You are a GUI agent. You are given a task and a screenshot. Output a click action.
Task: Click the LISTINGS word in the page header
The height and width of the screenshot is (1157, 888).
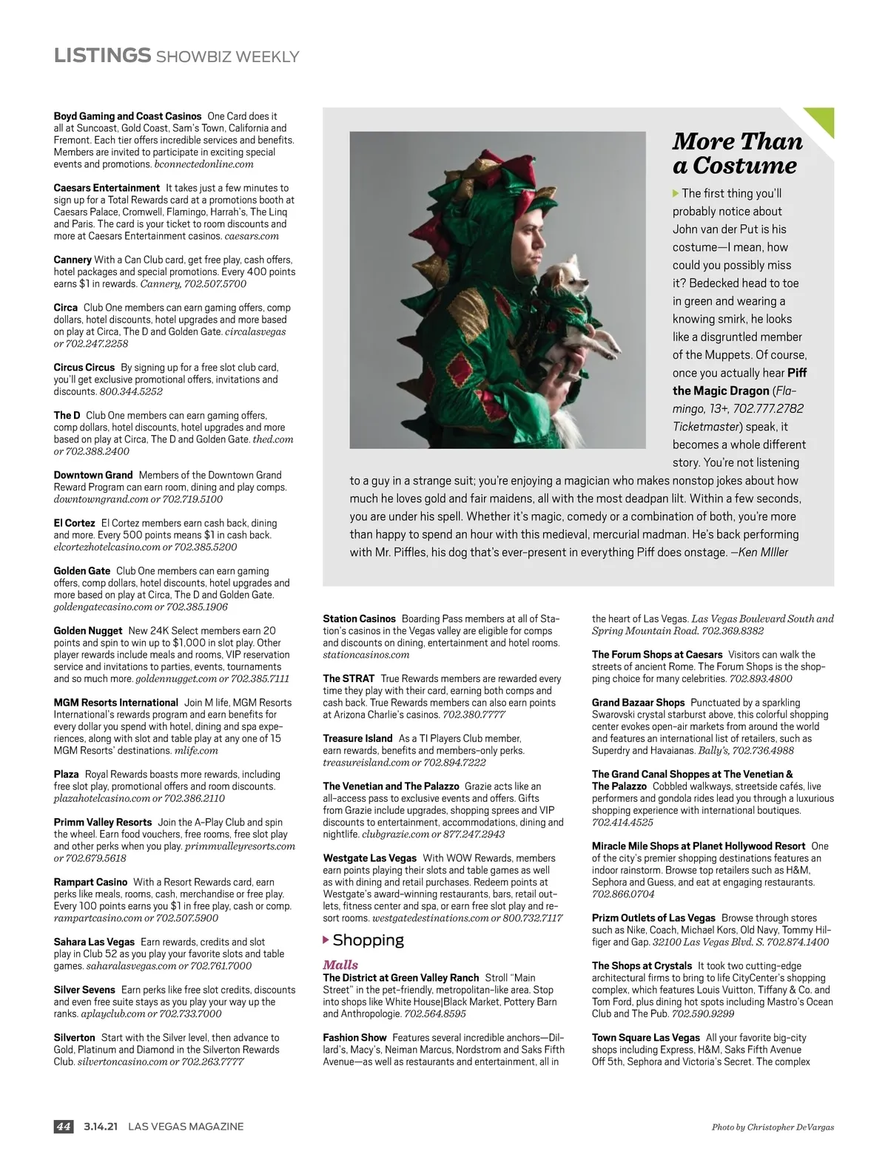click(x=102, y=55)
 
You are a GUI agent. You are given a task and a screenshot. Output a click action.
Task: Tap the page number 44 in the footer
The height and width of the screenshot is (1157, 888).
click(x=64, y=1127)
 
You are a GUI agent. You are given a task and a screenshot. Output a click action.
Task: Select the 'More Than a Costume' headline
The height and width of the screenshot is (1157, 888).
click(x=737, y=153)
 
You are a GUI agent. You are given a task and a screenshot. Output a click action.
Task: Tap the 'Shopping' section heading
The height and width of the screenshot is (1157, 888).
click(x=368, y=940)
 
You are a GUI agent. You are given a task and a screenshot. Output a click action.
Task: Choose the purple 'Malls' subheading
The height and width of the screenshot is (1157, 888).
click(x=340, y=965)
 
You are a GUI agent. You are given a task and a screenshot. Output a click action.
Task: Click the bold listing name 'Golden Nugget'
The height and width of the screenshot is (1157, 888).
click(x=87, y=631)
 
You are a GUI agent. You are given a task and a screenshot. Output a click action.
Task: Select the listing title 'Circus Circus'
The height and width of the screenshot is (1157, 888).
click(x=84, y=368)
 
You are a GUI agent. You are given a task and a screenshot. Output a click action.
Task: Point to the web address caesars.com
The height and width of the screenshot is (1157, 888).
click(x=252, y=236)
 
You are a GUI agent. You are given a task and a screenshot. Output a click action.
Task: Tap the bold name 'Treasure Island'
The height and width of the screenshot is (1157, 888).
click(x=357, y=738)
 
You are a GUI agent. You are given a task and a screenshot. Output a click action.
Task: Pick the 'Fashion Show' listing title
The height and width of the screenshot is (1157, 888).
click(x=354, y=1038)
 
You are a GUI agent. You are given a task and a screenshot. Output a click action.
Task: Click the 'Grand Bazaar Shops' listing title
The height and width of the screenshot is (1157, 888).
click(x=638, y=703)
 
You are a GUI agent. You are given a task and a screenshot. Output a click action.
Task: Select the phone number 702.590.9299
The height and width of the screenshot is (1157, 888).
click(x=703, y=1014)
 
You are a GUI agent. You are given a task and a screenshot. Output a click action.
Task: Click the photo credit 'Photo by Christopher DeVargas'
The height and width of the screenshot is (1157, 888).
click(x=773, y=1127)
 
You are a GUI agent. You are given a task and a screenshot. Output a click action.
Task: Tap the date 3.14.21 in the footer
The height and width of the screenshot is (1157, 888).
click(x=101, y=1127)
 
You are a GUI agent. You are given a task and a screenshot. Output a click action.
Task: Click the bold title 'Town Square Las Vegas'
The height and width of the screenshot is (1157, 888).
click(x=645, y=1038)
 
